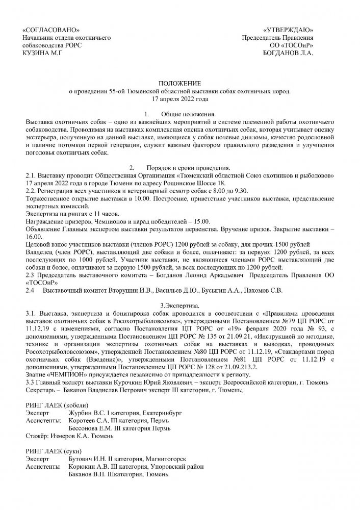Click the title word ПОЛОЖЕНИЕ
click(x=180, y=83)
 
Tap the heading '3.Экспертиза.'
click(x=180, y=304)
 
